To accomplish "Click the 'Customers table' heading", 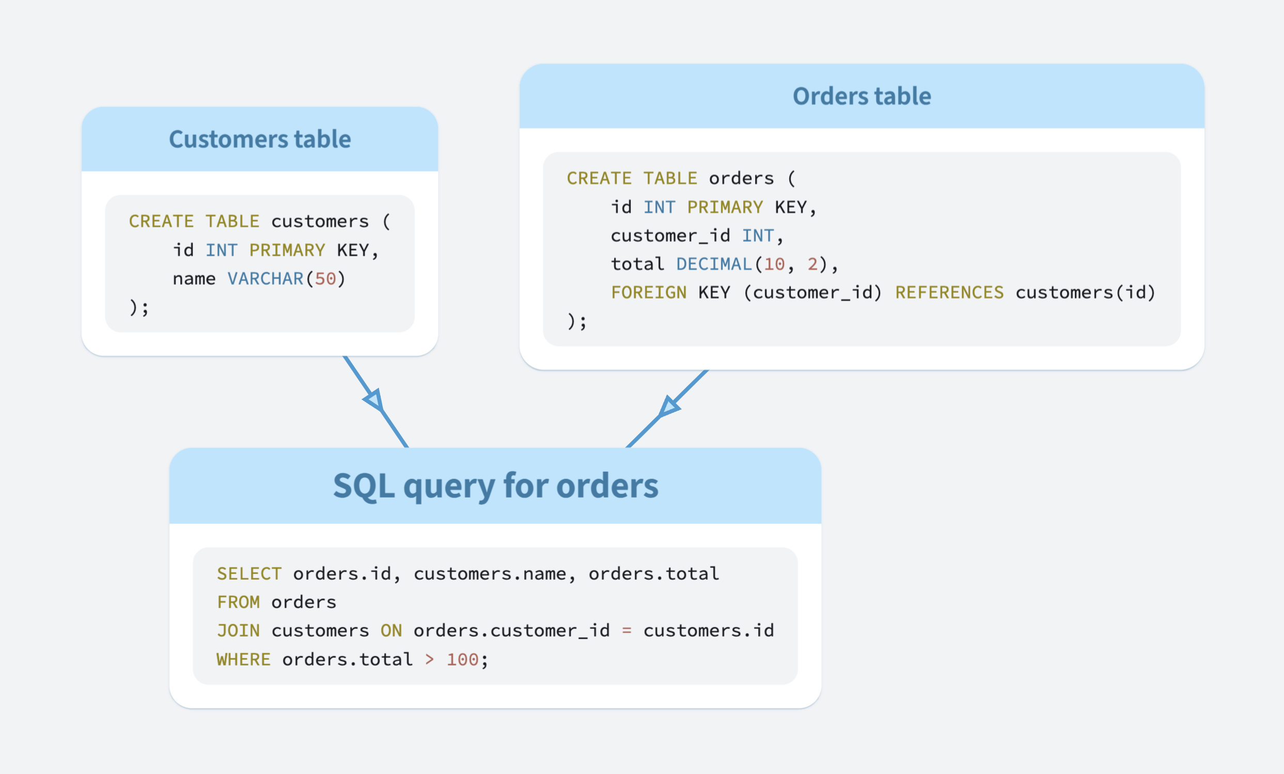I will pyautogui.click(x=259, y=139).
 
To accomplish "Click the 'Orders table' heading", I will pyautogui.click(x=862, y=96).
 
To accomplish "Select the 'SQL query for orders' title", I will pyautogui.click(x=495, y=486).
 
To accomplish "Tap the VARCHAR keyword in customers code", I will pyautogui.click(x=265, y=279).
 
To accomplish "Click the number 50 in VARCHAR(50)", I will pyautogui.click(x=325, y=279).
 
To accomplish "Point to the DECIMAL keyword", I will pyautogui.click(x=714, y=264).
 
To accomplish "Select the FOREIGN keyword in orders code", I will pyautogui.click(x=648, y=292).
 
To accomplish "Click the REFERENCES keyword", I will pyautogui.click(x=949, y=292).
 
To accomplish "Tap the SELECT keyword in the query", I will pyautogui.click(x=249, y=574).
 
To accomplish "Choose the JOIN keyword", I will pyautogui.click(x=238, y=631).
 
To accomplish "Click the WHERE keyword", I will pyautogui.click(x=243, y=659).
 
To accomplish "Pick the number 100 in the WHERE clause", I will pyautogui.click(x=462, y=659).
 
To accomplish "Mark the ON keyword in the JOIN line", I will pyautogui.click(x=391, y=631).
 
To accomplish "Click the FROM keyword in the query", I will pyautogui.click(x=238, y=602).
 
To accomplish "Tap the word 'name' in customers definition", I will pyautogui.click(x=194, y=279).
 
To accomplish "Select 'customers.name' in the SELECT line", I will pyautogui.click(x=490, y=574).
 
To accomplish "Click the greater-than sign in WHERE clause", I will pyautogui.click(x=429, y=659).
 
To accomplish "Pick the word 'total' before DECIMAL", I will pyautogui.click(x=637, y=264).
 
